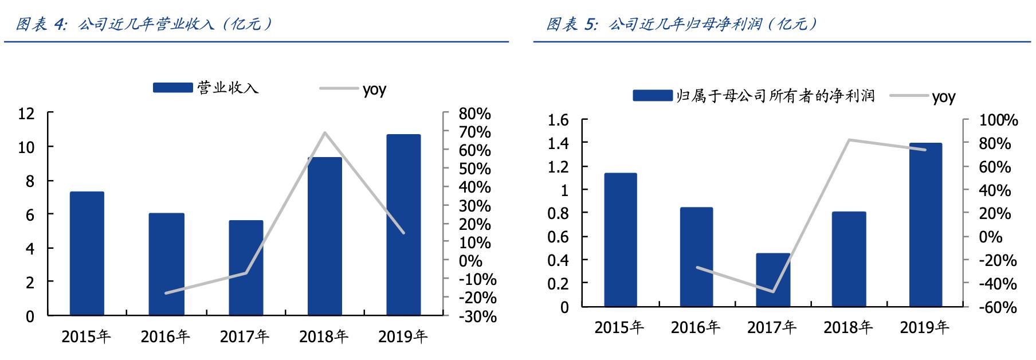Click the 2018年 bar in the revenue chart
coord(324,236)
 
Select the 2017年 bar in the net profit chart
coord(773,280)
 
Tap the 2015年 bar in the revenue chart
coord(87,253)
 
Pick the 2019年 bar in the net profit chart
coord(925,225)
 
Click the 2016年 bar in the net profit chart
coord(696,257)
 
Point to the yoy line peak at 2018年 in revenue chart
coord(325,133)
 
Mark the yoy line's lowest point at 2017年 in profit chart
coord(773,292)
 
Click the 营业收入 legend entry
coord(206,88)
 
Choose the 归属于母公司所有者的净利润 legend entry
coord(754,96)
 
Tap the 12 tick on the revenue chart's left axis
coord(26,114)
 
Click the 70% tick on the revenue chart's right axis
coord(474,132)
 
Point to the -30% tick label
coord(477,316)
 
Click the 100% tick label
coord(998,120)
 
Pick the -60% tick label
coord(998,307)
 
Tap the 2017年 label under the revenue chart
coord(245,336)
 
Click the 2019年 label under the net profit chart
coord(924,327)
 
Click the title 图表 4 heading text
coord(143,24)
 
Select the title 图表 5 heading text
coord(681,24)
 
